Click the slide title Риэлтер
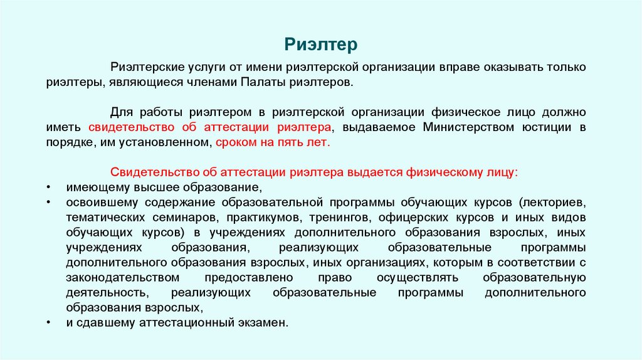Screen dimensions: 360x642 click(x=320, y=45)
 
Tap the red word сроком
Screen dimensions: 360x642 click(x=233, y=142)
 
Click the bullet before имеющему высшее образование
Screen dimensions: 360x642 click(x=50, y=188)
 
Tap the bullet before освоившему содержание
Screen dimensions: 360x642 click(x=50, y=203)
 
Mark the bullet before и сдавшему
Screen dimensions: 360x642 click(x=50, y=324)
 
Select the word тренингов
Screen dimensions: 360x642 click(x=339, y=218)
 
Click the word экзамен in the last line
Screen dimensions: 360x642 click(x=266, y=323)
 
